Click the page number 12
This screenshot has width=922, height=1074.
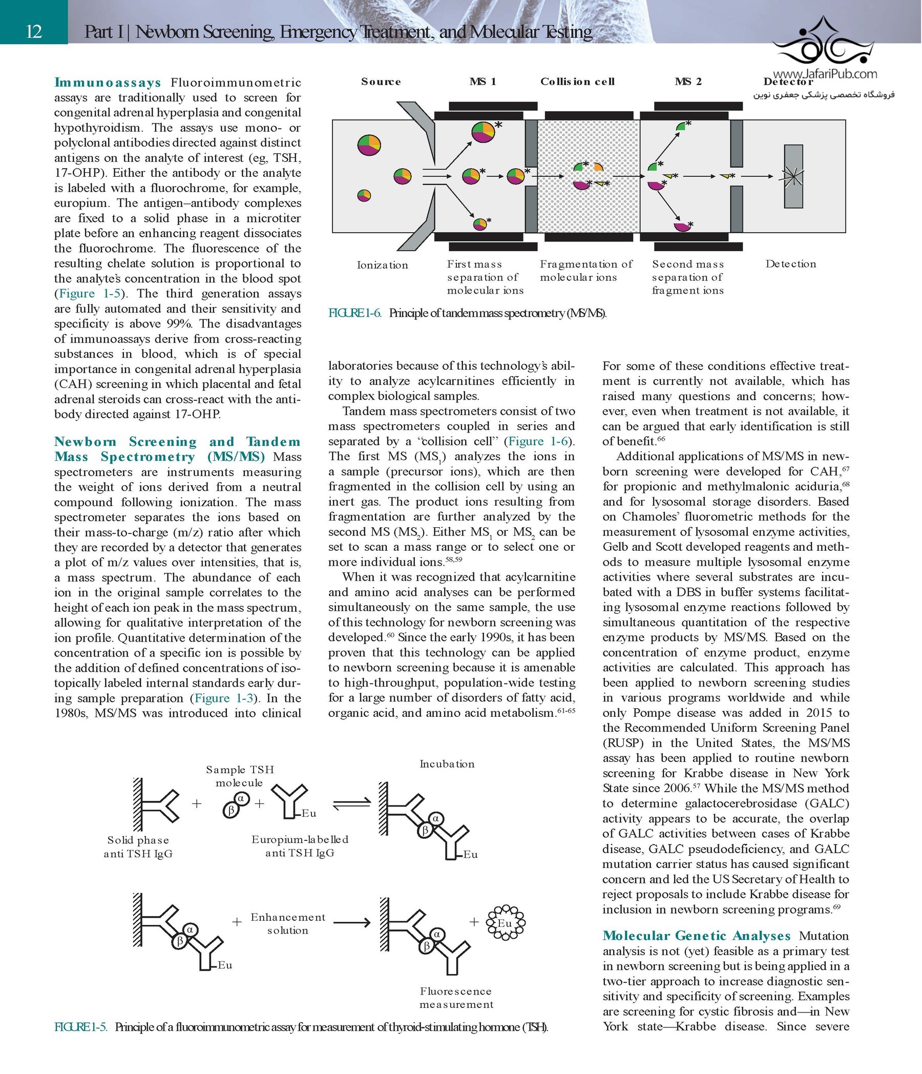coord(34,32)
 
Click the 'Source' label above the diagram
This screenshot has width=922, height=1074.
coord(381,81)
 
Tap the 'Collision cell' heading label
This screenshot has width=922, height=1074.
coord(577,81)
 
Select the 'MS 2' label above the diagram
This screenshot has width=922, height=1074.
coord(688,81)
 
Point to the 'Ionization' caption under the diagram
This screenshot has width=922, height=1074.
coord(383,265)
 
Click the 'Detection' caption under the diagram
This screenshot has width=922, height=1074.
coord(790,264)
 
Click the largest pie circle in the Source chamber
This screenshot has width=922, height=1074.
coord(369,144)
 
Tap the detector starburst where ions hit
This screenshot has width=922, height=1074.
coord(792,177)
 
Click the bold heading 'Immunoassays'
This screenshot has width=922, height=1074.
coord(108,82)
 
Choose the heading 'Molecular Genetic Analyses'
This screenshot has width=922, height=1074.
coord(697,936)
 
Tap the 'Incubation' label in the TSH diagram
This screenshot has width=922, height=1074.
coord(447,764)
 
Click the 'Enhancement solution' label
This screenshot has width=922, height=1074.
coord(288,924)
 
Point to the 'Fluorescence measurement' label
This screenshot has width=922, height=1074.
coord(456,998)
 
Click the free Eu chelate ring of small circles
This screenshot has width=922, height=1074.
coord(506,923)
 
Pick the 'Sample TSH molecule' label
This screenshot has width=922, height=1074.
coord(239,776)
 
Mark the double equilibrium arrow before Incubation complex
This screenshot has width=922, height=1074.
coord(351,804)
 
